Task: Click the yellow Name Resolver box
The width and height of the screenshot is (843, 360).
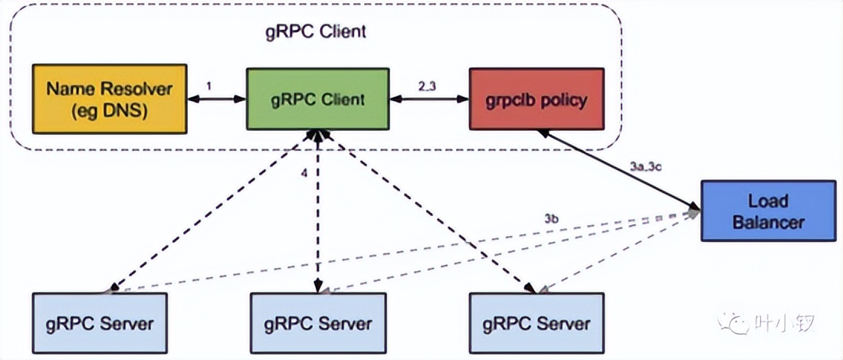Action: (110, 99)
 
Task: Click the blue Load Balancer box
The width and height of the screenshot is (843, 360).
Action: (769, 211)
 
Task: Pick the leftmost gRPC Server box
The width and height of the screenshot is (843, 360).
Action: (100, 322)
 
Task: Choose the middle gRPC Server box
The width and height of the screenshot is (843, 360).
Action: (318, 322)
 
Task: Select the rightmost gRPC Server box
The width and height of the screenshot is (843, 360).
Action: (536, 322)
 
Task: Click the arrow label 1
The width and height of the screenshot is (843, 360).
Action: (210, 87)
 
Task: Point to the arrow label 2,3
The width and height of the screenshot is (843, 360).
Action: (428, 87)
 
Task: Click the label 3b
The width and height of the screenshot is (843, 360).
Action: (552, 219)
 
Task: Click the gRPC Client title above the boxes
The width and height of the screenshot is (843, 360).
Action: (316, 31)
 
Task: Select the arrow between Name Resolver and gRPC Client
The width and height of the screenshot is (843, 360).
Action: (217, 99)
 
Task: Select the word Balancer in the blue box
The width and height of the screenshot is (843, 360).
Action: (769, 222)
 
